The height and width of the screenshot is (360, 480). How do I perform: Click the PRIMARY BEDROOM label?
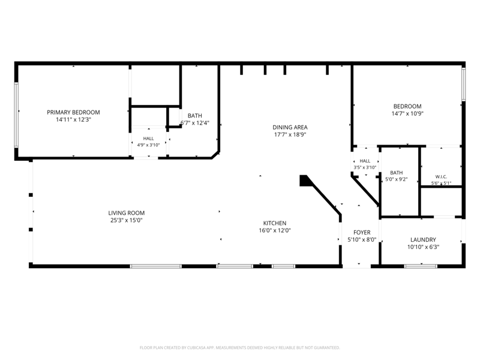(73, 112)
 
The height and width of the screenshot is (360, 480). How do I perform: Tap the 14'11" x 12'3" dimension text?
(73, 119)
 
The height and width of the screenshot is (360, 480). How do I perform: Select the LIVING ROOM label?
(127, 213)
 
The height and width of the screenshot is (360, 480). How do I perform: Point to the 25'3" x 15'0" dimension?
(127, 220)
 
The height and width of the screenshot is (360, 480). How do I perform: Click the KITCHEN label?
(275, 223)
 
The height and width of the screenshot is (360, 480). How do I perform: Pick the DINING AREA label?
(290, 127)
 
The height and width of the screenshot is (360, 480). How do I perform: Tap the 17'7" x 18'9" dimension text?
(290, 134)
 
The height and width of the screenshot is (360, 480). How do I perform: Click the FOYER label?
(362, 232)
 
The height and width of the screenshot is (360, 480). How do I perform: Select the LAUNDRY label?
(423, 239)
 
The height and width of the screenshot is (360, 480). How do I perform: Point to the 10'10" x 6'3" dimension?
(423, 247)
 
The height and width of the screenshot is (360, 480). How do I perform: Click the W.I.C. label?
(441, 176)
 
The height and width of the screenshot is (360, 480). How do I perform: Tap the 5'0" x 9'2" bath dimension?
(397, 179)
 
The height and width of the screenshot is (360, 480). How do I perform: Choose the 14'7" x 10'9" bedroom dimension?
(407, 113)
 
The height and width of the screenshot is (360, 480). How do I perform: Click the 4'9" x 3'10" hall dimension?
(148, 145)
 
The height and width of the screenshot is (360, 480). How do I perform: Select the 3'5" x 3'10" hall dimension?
(365, 167)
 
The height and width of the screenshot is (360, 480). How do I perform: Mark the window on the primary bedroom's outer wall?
(16, 115)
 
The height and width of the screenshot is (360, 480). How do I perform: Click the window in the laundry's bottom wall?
(421, 266)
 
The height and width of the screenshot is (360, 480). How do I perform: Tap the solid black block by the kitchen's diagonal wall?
(304, 181)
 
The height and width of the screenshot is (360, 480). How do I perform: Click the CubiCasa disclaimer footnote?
(239, 348)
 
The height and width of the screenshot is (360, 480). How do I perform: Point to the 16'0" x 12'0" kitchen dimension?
(275, 230)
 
